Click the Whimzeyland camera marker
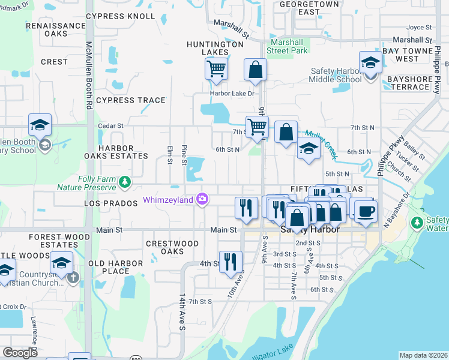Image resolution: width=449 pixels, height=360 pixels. [203, 199]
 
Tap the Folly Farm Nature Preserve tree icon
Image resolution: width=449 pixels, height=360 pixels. [124, 181]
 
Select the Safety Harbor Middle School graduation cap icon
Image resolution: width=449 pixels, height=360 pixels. [370, 62]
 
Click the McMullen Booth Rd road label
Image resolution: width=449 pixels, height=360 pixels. [89, 75]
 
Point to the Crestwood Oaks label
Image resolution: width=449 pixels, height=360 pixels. [172, 247]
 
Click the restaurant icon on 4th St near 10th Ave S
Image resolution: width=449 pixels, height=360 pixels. [231, 262]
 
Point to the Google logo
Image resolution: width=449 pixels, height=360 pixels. [20, 353]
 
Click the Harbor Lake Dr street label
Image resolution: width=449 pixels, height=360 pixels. [232, 93]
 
